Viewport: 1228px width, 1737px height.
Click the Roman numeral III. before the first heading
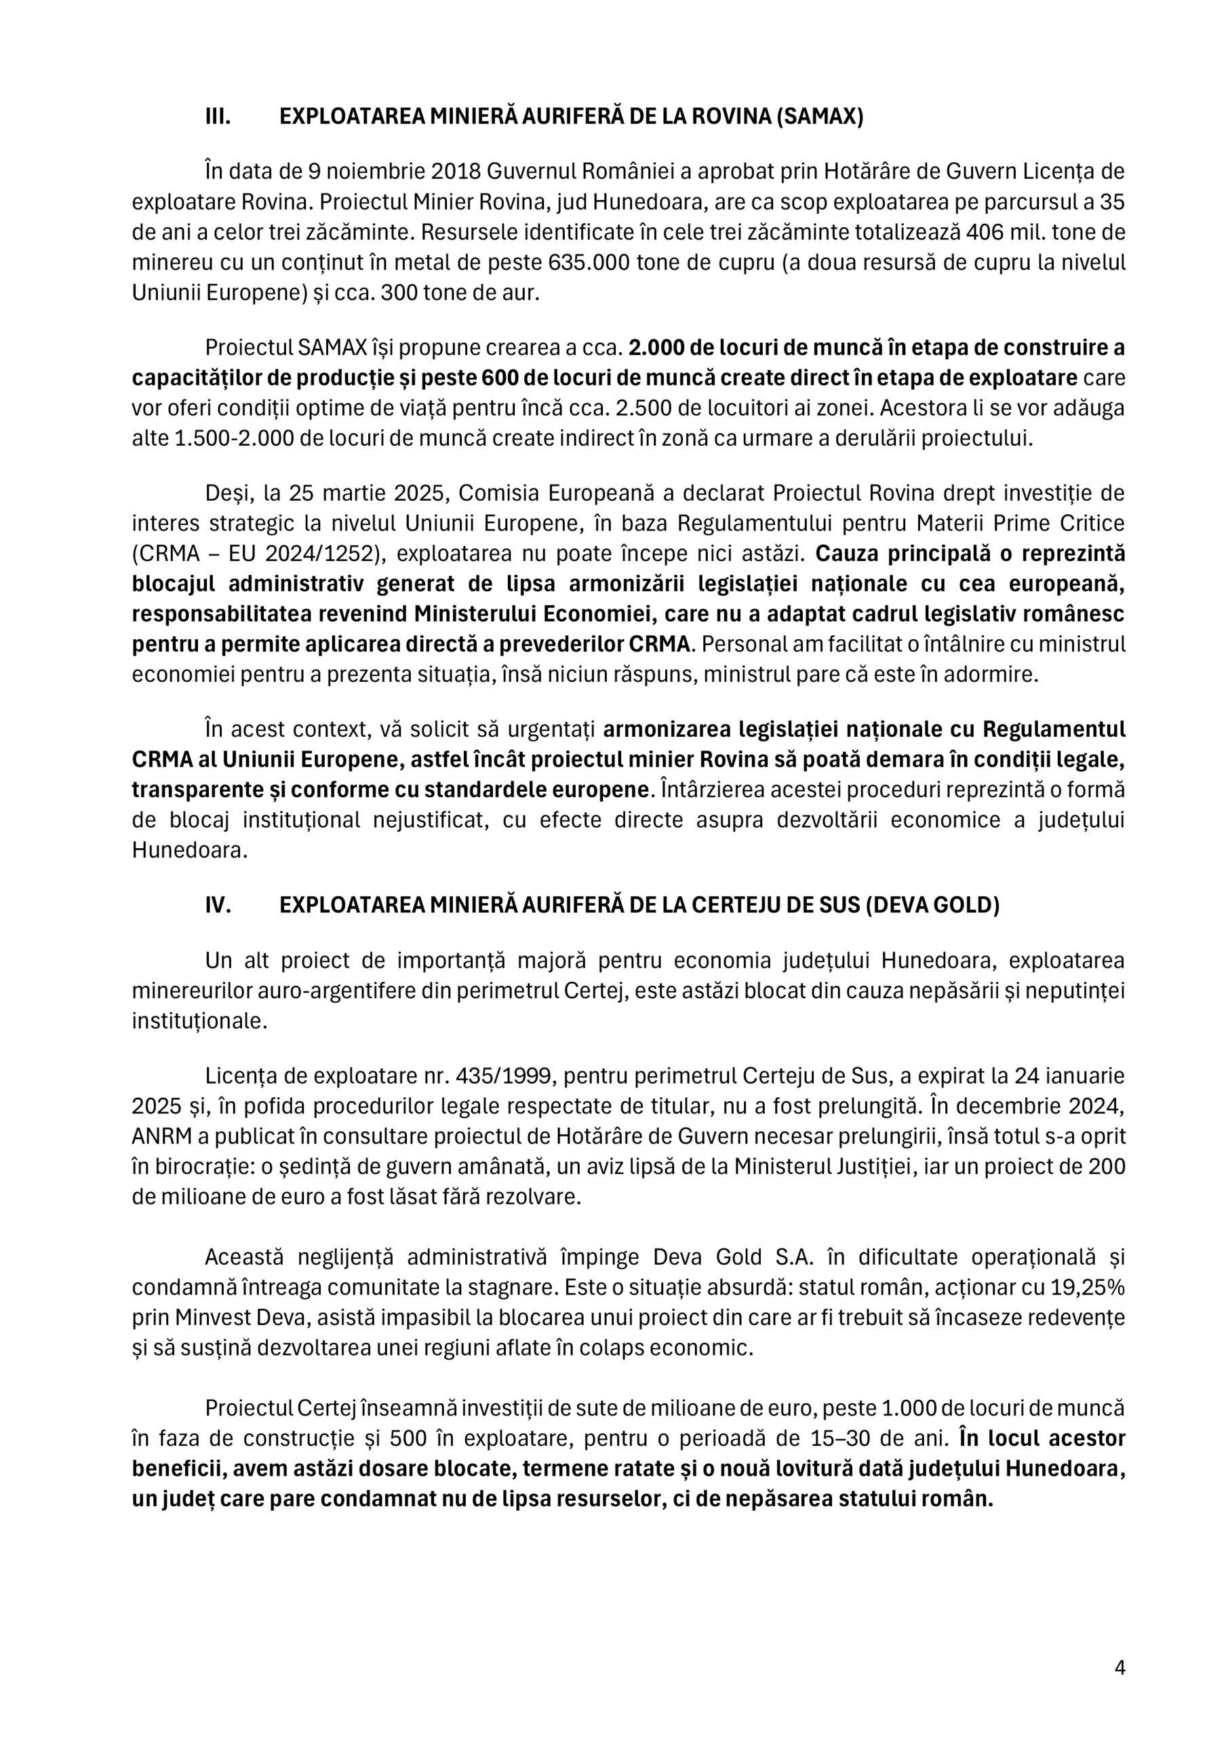coord(218,117)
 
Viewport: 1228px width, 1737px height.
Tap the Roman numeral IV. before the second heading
coord(218,906)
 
